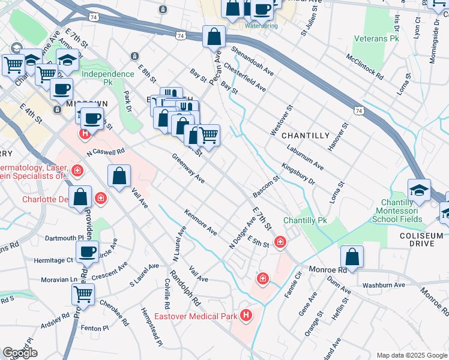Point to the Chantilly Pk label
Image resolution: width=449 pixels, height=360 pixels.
click(305, 221)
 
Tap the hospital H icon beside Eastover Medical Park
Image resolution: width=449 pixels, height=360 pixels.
click(246, 315)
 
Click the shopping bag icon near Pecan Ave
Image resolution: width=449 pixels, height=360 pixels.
click(214, 37)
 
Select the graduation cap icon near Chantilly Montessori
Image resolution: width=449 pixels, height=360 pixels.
click(419, 191)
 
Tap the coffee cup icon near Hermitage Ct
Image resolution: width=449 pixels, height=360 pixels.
click(88, 252)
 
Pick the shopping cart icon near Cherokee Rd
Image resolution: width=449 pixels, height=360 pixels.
click(83, 295)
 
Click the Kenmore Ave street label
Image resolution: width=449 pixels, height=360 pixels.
click(200, 222)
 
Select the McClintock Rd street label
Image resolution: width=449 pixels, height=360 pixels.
click(364, 67)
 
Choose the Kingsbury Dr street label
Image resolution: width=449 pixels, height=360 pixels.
click(298, 173)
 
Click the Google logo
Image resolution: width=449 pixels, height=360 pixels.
click(20, 353)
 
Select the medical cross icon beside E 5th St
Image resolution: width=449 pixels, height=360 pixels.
click(280, 242)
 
